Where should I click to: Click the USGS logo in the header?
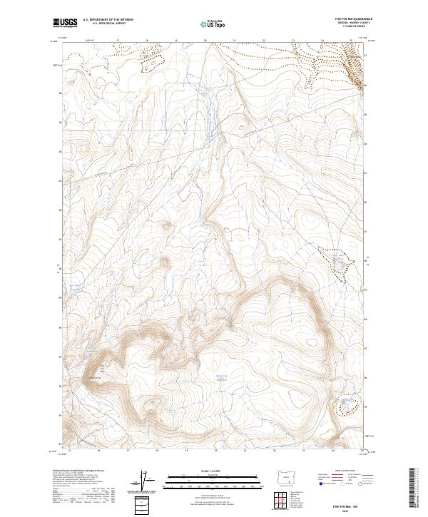click(x=66, y=23)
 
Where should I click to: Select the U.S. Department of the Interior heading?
click(x=108, y=19)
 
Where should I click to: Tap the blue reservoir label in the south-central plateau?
click(x=220, y=377)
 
